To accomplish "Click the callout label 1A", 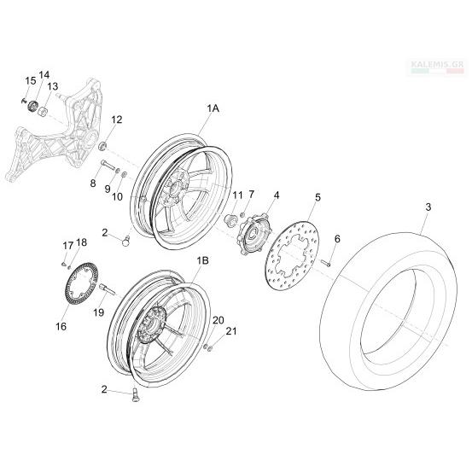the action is pyautogui.click(x=213, y=108).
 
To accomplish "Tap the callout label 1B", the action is pyautogui.click(x=203, y=260).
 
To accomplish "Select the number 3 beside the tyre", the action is pyautogui.click(x=428, y=207).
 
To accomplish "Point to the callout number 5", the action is pyautogui.click(x=318, y=197).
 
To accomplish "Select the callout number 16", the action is pyautogui.click(x=61, y=326).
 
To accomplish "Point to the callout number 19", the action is pyautogui.click(x=98, y=312).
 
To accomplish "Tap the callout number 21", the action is pyautogui.click(x=231, y=331).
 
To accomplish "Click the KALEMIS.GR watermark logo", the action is pyautogui.click(x=438, y=67).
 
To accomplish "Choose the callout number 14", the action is pyautogui.click(x=44, y=74).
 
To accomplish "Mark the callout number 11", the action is pyautogui.click(x=237, y=195).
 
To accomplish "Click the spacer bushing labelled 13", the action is pyautogui.click(x=43, y=112).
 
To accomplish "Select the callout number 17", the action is pyautogui.click(x=68, y=246).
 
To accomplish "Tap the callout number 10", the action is pyautogui.click(x=117, y=197).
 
